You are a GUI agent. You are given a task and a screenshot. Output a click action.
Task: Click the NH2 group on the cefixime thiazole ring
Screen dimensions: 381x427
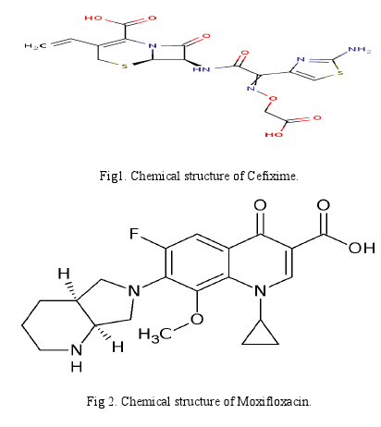click(x=360, y=50)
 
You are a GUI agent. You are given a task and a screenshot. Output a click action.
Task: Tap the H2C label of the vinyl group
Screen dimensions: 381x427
click(x=35, y=46)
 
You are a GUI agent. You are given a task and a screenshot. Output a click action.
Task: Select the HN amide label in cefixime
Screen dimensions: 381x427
click(x=202, y=69)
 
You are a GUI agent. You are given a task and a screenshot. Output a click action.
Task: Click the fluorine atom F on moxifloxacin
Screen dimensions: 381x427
click(x=134, y=234)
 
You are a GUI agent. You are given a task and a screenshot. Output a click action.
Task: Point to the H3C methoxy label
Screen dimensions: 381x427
click(x=155, y=335)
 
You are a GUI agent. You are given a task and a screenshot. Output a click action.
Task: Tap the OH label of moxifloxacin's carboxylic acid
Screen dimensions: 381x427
click(x=362, y=248)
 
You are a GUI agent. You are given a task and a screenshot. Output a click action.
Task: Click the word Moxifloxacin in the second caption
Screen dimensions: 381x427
click(x=274, y=401)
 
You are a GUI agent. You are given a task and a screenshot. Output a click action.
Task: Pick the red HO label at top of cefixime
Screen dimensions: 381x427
click(x=93, y=18)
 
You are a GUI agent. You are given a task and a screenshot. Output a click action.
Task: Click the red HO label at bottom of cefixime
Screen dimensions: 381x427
click(x=274, y=135)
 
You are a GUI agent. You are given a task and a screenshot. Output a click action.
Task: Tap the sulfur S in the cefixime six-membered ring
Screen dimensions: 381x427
click(x=125, y=66)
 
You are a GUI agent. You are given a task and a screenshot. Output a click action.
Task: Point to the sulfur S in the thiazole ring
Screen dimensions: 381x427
click(x=340, y=74)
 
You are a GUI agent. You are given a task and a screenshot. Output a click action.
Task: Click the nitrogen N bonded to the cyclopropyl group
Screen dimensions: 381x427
click(x=261, y=290)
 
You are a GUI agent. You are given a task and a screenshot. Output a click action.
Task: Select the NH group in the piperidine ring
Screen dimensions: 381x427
click(x=77, y=358)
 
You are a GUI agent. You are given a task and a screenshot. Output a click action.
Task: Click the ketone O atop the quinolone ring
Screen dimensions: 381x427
click(x=260, y=205)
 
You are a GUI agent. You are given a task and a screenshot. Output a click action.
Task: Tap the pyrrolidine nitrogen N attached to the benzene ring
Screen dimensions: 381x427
click(x=134, y=290)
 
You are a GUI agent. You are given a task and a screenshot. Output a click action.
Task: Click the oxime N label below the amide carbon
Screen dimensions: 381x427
click(x=251, y=89)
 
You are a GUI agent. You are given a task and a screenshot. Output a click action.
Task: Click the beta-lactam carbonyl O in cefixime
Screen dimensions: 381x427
click(x=206, y=36)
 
